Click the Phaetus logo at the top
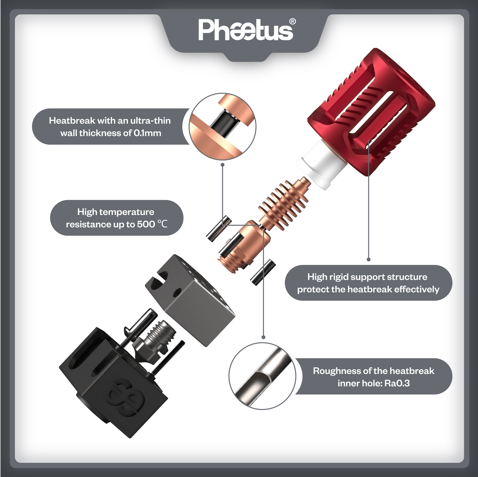click(x=245, y=30)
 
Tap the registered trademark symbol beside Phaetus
click(x=292, y=21)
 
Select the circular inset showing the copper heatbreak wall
click(x=222, y=127)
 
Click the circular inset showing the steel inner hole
click(x=262, y=376)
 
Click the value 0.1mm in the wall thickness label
click(x=147, y=133)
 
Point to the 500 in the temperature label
click(x=146, y=224)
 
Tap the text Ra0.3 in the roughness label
click(x=397, y=383)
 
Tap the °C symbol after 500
click(x=162, y=224)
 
